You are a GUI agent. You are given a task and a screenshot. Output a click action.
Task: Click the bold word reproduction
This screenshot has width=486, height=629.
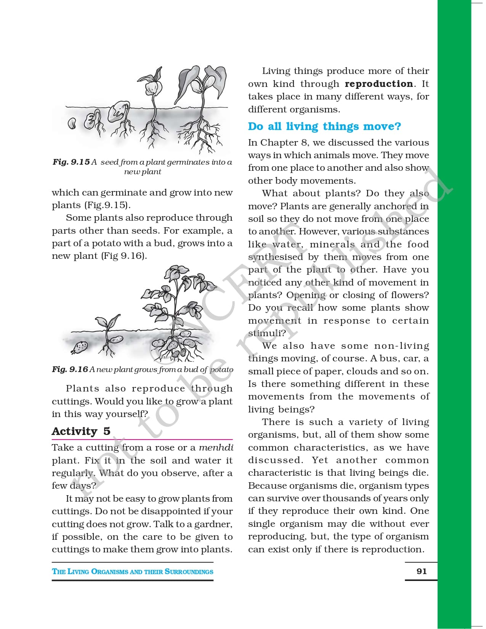click(x=379, y=84)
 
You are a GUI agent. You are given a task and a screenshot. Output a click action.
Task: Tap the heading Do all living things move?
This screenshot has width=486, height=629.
click(x=324, y=126)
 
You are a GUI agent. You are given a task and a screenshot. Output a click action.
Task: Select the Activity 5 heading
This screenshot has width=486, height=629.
click(x=81, y=431)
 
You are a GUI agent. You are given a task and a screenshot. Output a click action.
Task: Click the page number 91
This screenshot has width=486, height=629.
click(x=422, y=571)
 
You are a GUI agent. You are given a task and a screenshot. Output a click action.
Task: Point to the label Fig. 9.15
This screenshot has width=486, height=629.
click(x=71, y=162)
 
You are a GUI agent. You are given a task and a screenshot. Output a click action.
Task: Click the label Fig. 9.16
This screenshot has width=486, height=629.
click(x=70, y=369)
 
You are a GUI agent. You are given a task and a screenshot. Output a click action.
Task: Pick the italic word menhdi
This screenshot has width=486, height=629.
click(x=216, y=448)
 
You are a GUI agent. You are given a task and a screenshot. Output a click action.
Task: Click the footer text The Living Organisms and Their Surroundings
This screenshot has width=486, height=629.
click(x=133, y=571)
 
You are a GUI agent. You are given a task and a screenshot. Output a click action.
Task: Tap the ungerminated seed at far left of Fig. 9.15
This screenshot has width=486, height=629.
click(x=71, y=123)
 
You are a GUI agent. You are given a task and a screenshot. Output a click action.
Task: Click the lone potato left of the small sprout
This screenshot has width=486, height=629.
click(x=80, y=347)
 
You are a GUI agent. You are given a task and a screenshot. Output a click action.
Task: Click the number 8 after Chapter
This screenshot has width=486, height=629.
click(x=304, y=143)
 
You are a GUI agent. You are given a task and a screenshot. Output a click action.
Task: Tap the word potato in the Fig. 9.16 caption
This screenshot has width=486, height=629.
click(x=221, y=369)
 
